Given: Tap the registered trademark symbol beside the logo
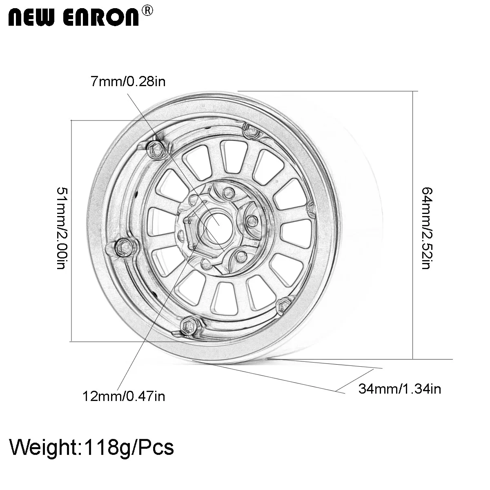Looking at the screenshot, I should pyautogui.click(x=147, y=11).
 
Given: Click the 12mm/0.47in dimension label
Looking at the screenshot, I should pyautogui.click(x=124, y=396).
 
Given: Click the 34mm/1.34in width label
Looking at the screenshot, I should pyautogui.click(x=399, y=389).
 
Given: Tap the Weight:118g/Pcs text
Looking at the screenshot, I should pyautogui.click(x=92, y=448).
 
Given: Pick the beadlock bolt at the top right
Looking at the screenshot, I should pyautogui.click(x=249, y=130).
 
